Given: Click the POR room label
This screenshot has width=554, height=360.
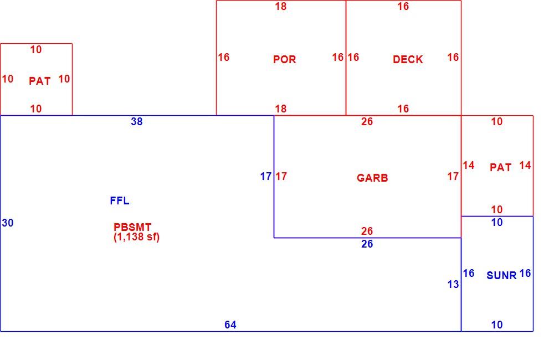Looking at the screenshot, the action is (284, 59).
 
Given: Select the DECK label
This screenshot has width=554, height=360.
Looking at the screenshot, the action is (408, 59).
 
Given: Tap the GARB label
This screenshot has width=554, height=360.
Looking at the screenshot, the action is (372, 178).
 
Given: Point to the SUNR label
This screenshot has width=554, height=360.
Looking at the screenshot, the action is (501, 275).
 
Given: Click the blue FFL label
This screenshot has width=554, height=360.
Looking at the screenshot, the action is (120, 200).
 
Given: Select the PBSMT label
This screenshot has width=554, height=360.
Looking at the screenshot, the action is (132, 227).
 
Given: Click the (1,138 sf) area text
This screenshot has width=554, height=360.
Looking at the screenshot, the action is (137, 236).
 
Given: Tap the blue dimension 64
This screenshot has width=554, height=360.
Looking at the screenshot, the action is (230, 325).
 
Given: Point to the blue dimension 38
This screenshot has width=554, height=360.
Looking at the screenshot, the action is (137, 121).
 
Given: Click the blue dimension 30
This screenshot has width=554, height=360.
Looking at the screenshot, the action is (8, 223).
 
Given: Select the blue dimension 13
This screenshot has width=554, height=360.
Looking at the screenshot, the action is (453, 284).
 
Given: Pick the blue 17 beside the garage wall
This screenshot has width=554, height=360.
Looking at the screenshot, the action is (266, 176).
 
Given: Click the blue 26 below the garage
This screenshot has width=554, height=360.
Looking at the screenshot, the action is (367, 244).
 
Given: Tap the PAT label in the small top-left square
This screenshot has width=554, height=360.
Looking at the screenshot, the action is (39, 81).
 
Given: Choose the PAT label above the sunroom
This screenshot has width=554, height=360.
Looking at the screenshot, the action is (501, 167).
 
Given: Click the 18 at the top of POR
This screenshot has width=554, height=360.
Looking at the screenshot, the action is (281, 6).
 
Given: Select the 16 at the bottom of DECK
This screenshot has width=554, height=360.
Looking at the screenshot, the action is (403, 109).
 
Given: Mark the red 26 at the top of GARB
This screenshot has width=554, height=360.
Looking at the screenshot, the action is (367, 121).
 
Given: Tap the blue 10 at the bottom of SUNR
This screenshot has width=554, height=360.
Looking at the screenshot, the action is (497, 325).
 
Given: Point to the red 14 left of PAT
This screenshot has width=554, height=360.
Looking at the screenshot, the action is (469, 166).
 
